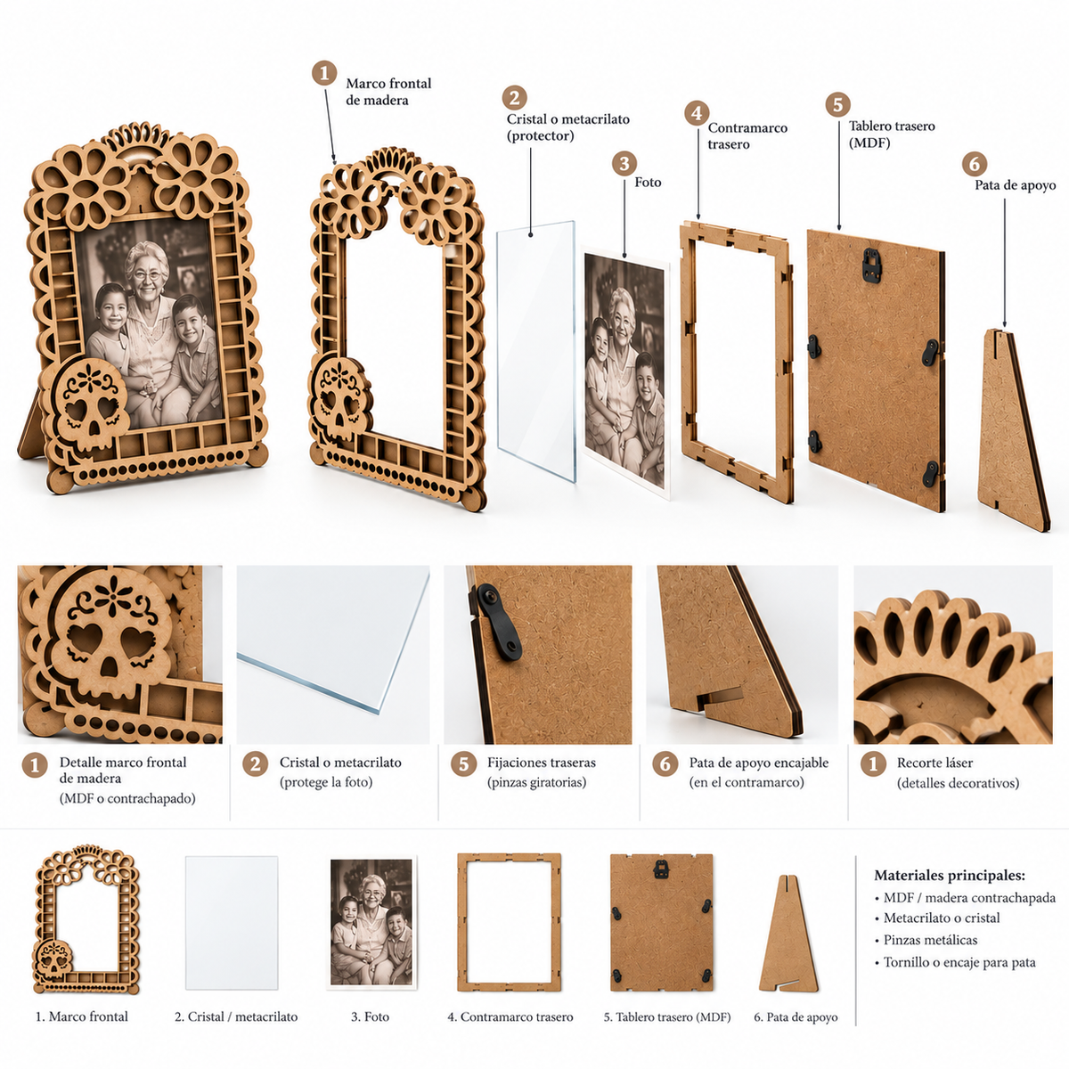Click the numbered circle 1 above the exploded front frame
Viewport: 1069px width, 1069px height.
coord(324,73)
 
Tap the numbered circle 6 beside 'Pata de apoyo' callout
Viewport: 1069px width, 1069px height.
coord(975,164)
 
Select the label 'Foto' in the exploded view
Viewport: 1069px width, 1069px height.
coord(648,183)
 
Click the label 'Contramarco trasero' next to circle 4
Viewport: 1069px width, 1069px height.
coord(747,136)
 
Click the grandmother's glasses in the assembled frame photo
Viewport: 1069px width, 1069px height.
coord(147,275)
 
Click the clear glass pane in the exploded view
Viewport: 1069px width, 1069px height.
coord(536,351)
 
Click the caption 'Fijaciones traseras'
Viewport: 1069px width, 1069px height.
coord(542,763)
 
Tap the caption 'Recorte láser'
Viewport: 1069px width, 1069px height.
coord(934,763)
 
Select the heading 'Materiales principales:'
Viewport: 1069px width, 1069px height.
coord(950,876)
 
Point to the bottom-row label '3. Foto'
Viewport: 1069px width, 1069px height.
coord(370,1016)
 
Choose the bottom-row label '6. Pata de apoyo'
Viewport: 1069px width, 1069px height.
coord(796,1016)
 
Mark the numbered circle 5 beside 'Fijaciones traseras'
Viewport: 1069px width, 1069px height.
coord(463,764)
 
